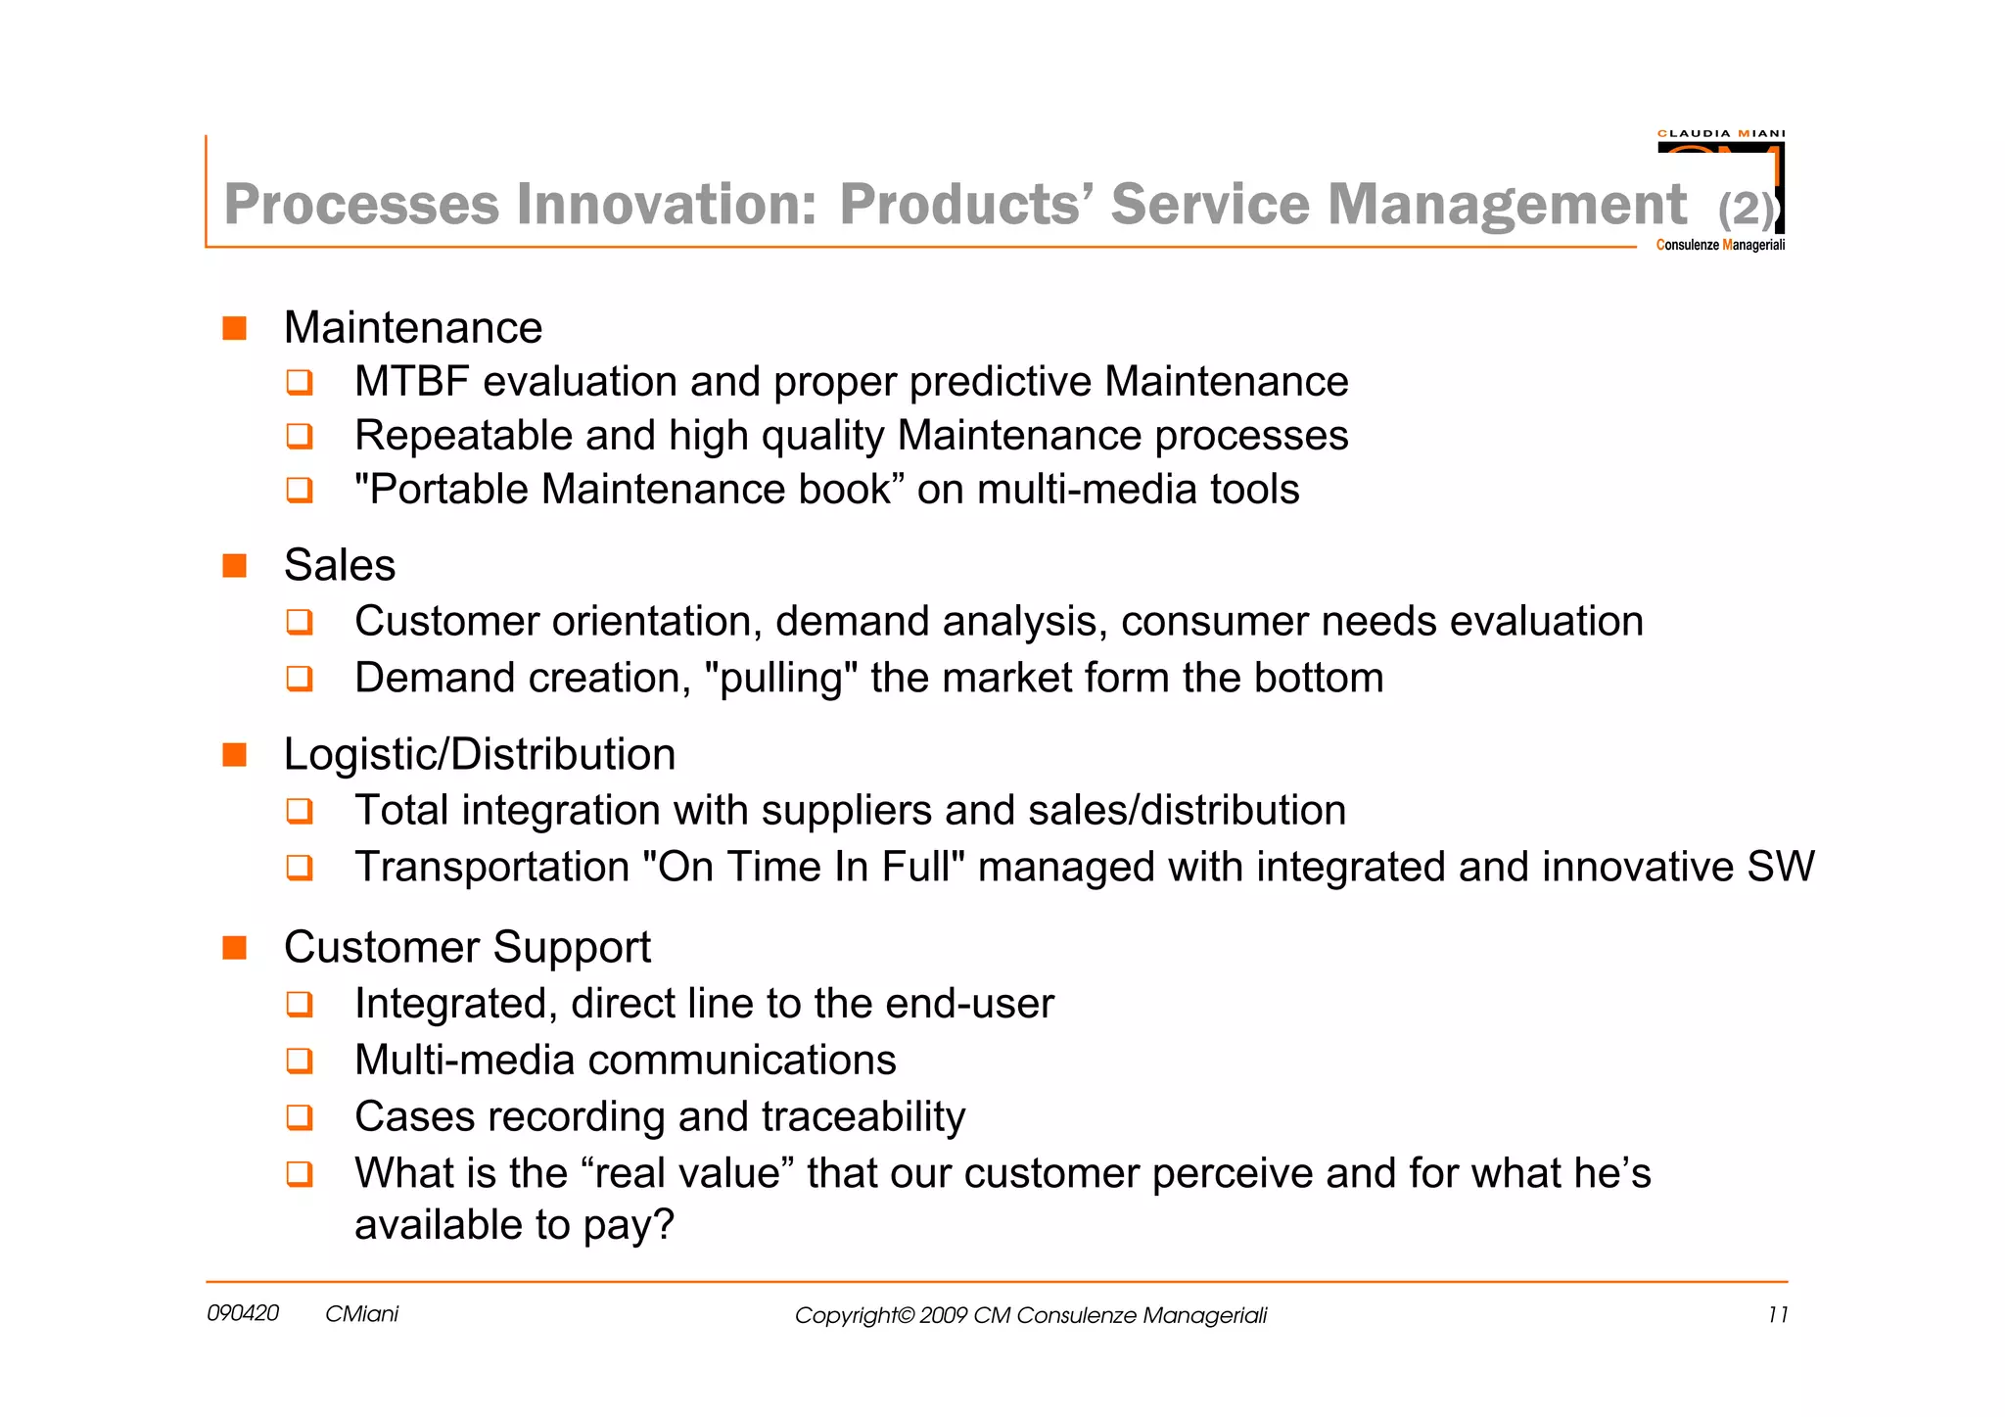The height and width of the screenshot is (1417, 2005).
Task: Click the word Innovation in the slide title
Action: [666, 204]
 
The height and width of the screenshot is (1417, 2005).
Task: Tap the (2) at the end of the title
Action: [1746, 209]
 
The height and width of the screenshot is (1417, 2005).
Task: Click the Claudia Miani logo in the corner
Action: [1720, 189]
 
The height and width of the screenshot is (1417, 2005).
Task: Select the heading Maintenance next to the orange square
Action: [412, 328]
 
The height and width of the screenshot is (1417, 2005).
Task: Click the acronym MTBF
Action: [411, 382]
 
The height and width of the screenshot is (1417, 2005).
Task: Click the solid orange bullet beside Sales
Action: [235, 565]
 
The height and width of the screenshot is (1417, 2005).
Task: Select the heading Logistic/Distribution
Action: [480, 755]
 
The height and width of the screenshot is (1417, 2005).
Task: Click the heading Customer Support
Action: [467, 948]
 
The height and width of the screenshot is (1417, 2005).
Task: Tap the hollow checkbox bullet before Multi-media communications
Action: [300, 1061]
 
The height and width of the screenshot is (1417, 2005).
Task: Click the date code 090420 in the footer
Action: [243, 1314]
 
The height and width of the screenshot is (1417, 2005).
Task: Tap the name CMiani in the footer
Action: [361, 1314]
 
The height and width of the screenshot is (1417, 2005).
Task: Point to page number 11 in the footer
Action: [1777, 1315]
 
